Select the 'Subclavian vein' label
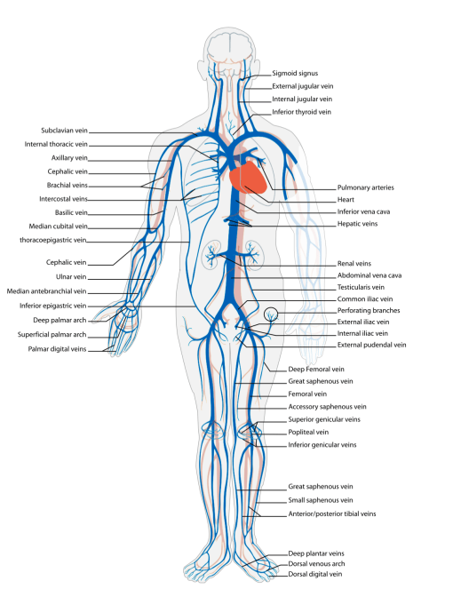click(x=65, y=131)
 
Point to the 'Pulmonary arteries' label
click(x=365, y=187)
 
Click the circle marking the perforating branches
click(x=270, y=313)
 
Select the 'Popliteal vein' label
click(x=309, y=431)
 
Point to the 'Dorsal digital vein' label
click(x=315, y=574)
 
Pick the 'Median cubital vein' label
click(x=59, y=226)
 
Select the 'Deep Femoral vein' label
click(x=315, y=368)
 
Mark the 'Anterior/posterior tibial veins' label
click(x=332, y=513)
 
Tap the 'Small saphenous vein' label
click(x=321, y=500)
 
